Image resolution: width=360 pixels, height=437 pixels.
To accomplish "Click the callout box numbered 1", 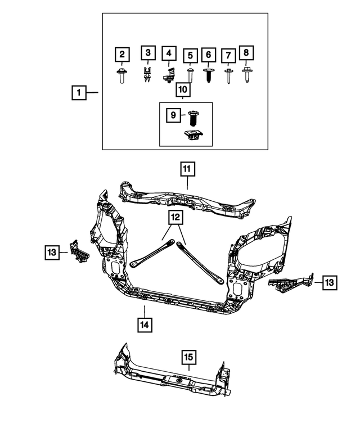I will (x=79, y=92).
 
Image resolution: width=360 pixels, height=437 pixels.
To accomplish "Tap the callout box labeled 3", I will (x=147, y=54).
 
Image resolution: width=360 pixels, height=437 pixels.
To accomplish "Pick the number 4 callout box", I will (x=168, y=54).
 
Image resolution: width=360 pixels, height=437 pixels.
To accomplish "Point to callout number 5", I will (x=191, y=56).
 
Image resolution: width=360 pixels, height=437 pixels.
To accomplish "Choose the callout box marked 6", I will (x=209, y=55).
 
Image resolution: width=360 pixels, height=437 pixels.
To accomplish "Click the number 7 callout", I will (x=228, y=56).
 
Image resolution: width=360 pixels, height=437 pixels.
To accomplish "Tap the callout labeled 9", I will (x=174, y=115).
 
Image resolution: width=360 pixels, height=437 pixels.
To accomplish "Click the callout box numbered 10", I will (x=183, y=89).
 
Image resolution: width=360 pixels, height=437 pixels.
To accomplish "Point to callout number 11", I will (x=187, y=168).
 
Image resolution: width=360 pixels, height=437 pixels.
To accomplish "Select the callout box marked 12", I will (x=174, y=217).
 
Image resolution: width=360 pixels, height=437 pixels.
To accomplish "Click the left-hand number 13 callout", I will (x=52, y=253).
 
